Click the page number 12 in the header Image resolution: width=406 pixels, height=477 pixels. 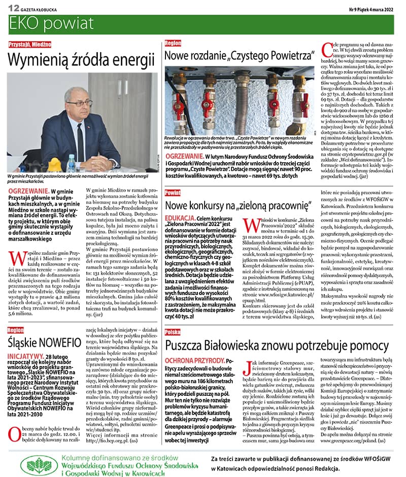[14, 8]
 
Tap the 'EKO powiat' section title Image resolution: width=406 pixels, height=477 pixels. [51, 23]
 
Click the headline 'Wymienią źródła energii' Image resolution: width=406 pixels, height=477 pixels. [81, 60]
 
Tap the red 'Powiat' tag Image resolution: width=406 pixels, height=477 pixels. [173, 193]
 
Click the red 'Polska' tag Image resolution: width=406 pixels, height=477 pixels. [173, 332]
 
